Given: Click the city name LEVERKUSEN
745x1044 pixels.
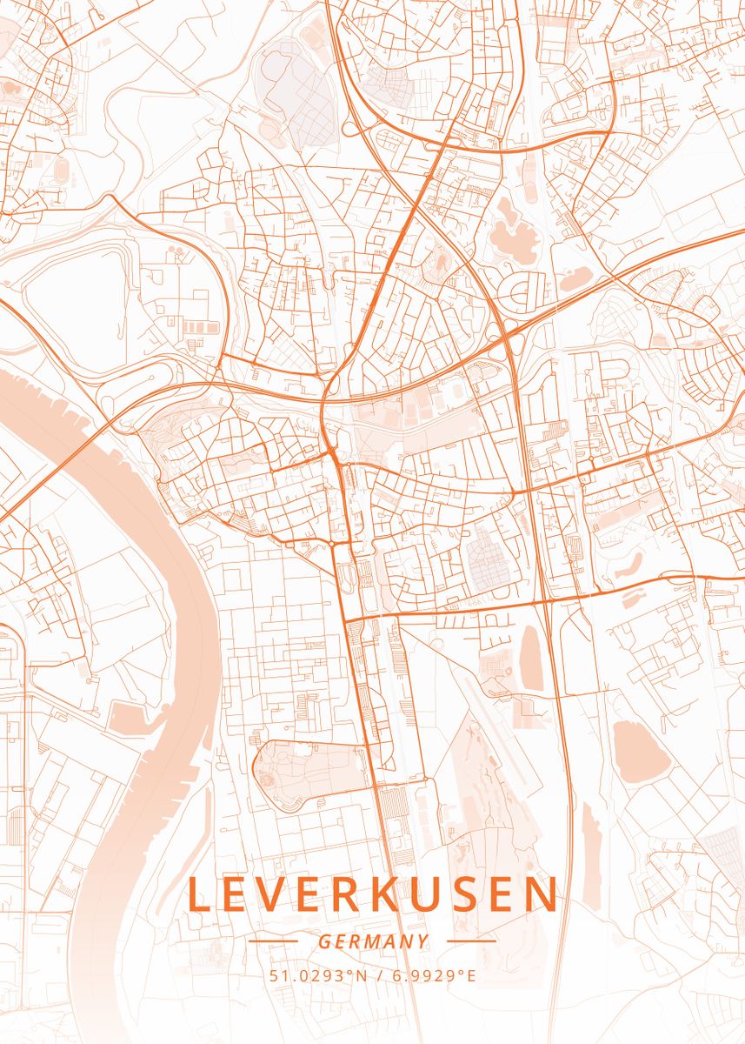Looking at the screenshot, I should click(372, 895).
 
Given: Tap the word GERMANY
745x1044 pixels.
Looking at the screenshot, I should click(373, 941).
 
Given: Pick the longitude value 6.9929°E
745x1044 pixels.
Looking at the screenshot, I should click(432, 975).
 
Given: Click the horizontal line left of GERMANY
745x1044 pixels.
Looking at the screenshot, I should click(273, 940).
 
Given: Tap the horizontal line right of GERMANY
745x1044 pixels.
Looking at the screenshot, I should click(470, 940).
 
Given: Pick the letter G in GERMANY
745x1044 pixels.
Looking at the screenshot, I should click(323, 941).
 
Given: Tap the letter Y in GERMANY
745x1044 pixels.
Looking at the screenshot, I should click(423, 941).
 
